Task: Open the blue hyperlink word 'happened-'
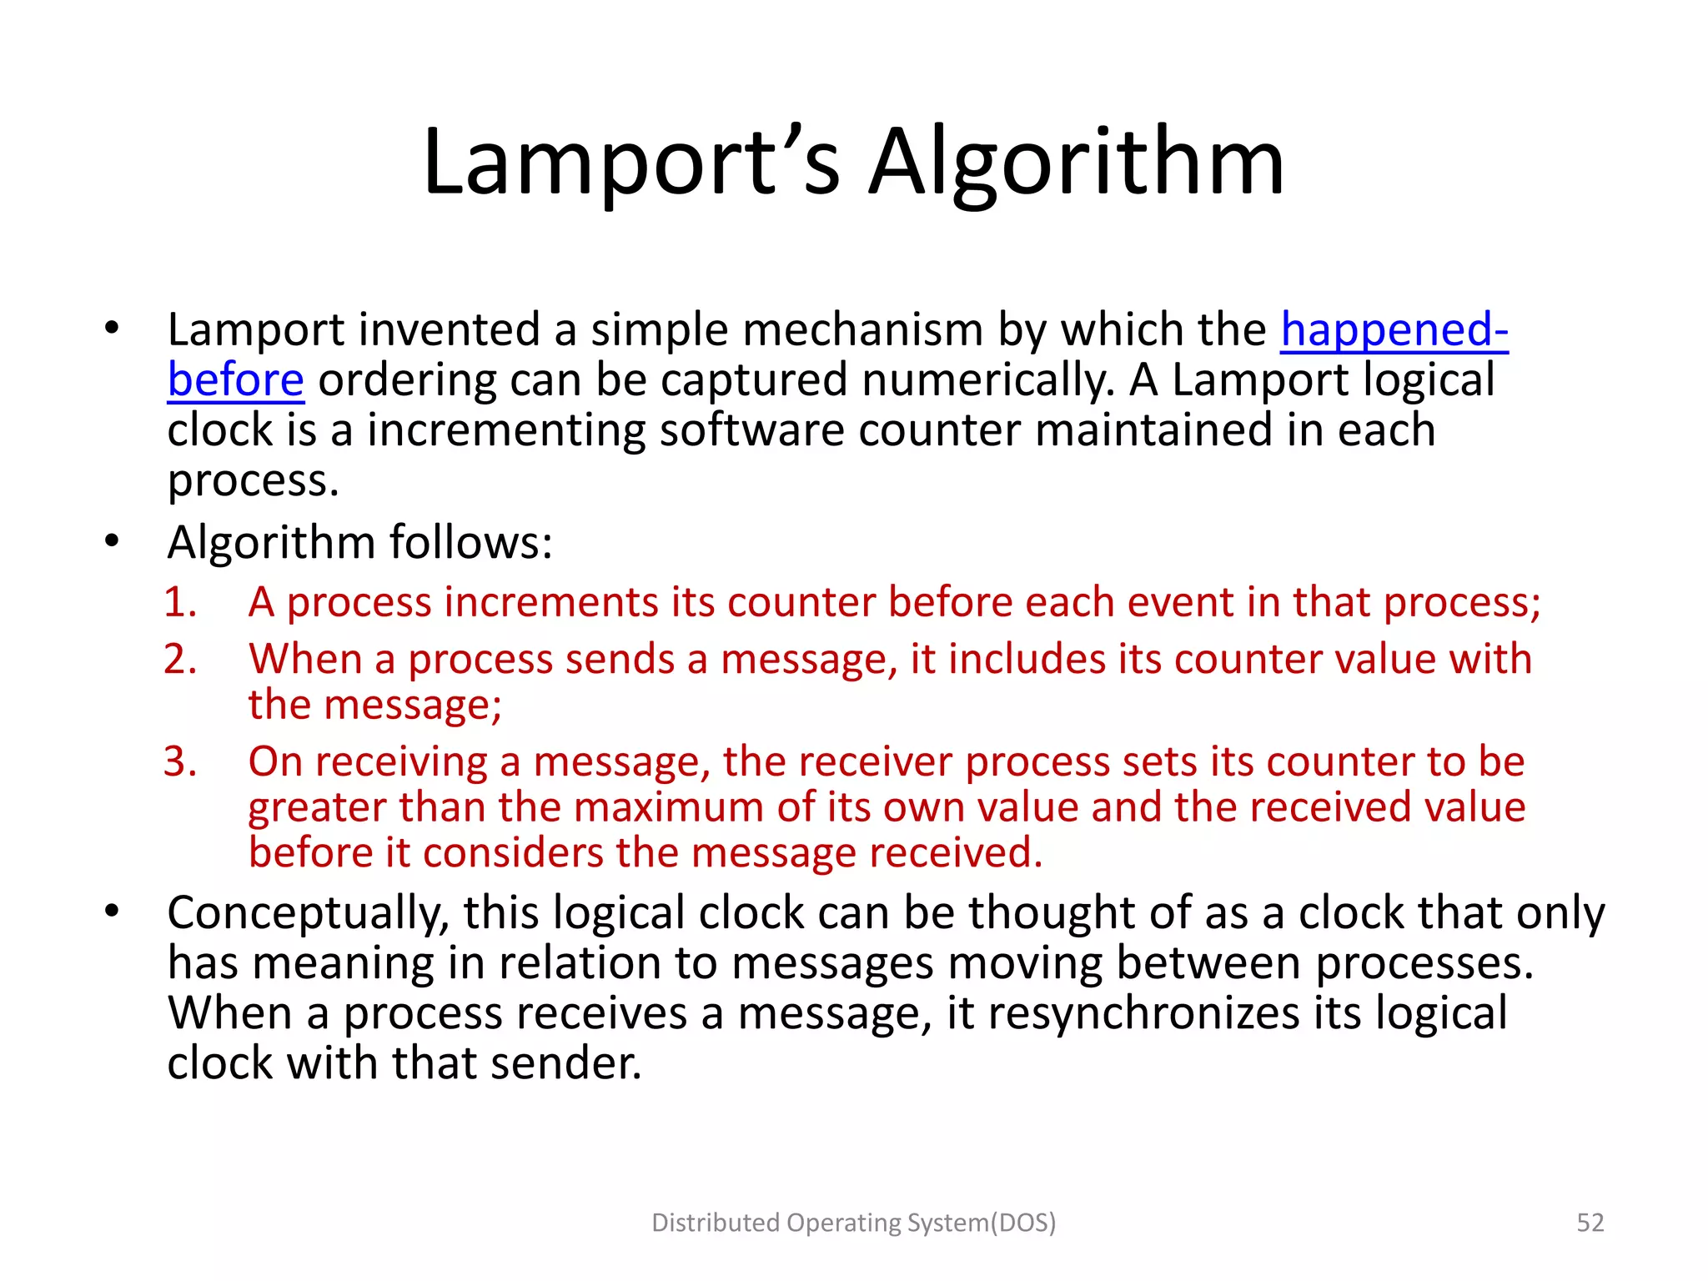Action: tap(1394, 329)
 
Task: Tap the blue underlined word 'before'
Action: tap(236, 380)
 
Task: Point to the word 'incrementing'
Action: tap(505, 430)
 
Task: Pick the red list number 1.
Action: tap(179, 602)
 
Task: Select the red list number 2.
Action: tap(179, 660)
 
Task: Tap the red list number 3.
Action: tap(179, 762)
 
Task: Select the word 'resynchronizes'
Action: tap(1143, 1014)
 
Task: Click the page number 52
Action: tap(1590, 1223)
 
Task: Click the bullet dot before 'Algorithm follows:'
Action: tap(113, 542)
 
